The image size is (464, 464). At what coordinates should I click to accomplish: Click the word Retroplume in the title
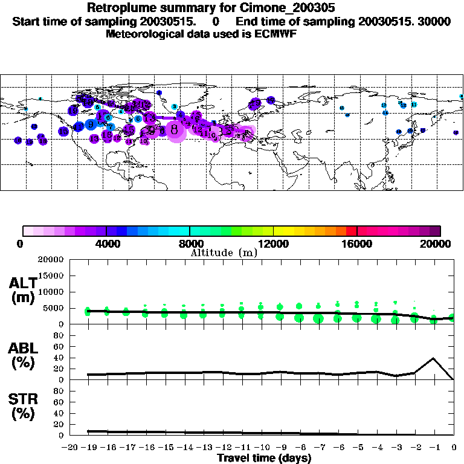pyautogui.click(x=122, y=8)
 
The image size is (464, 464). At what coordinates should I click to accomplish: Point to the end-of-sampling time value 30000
pyautogui.click(x=434, y=22)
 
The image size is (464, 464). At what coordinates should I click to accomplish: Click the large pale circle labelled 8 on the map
pyautogui.click(x=175, y=129)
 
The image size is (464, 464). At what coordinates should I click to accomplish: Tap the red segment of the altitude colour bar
pyautogui.click(x=352, y=231)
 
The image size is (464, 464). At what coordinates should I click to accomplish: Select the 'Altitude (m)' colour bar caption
pyautogui.click(x=224, y=253)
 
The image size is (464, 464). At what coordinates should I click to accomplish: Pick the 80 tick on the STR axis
pyautogui.click(x=59, y=391)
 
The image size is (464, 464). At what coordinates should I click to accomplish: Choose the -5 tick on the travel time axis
pyautogui.click(x=356, y=447)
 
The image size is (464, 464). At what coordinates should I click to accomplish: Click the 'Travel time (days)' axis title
pyautogui.click(x=264, y=458)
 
